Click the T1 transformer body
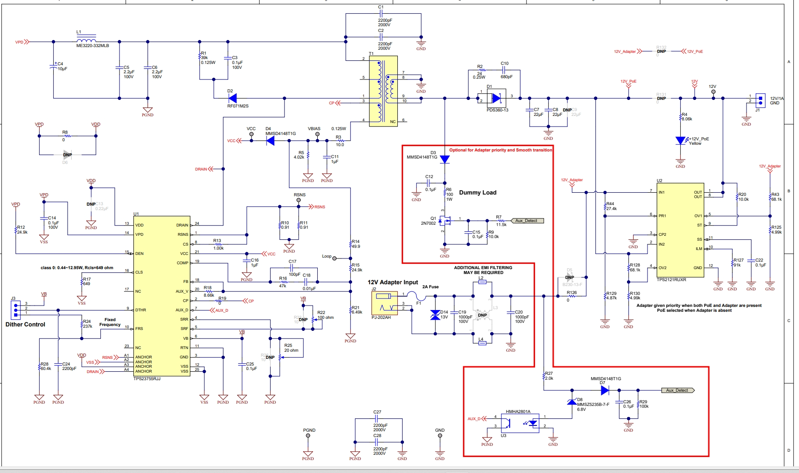[383, 91]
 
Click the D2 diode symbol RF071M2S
[232, 98]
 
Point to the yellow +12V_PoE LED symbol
[680, 140]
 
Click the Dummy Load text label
[477, 192]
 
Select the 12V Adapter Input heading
[392, 282]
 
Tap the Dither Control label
[25, 324]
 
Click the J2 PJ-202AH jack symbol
[384, 303]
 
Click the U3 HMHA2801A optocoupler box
[520, 423]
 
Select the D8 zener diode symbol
[572, 401]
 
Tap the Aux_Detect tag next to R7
[527, 220]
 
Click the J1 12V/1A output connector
[760, 101]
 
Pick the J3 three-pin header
[15, 310]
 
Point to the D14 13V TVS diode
[435, 315]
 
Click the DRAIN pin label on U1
[182, 225]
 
